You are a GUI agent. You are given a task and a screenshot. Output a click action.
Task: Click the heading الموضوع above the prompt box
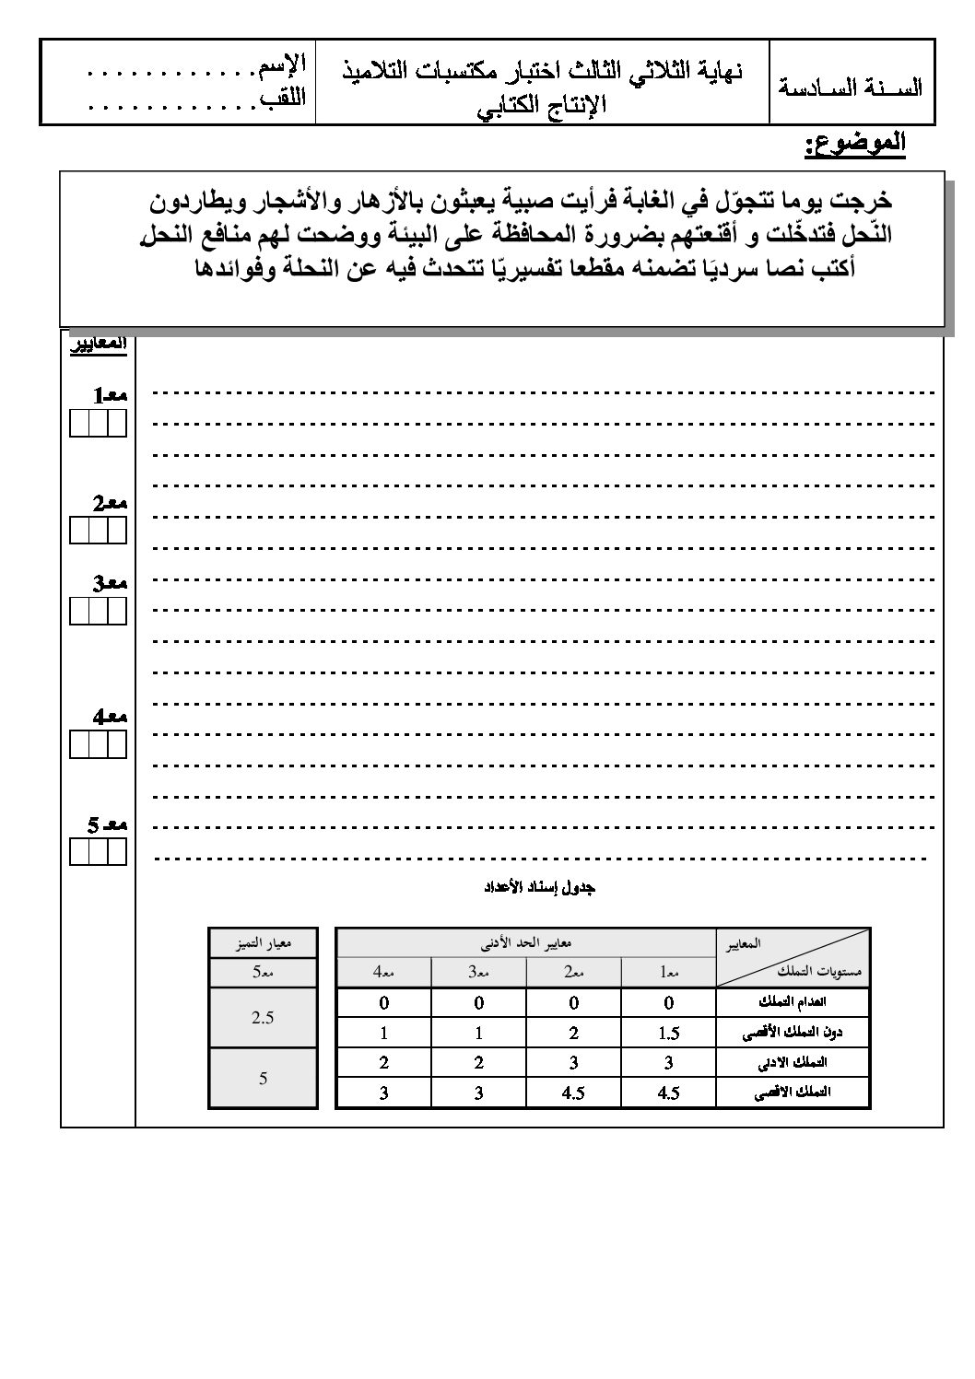(855, 145)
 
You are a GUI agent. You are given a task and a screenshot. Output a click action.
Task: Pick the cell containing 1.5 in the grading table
(669, 1033)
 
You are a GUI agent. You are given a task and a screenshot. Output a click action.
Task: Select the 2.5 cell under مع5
(263, 1018)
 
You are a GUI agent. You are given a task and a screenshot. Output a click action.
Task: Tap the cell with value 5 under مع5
(263, 1078)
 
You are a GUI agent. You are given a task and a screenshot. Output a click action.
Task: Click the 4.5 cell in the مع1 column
(669, 1093)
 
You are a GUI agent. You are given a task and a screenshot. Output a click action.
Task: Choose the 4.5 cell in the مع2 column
(573, 1093)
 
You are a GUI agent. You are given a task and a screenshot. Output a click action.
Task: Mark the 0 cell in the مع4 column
(383, 1002)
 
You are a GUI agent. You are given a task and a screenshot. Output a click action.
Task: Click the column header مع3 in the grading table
(478, 972)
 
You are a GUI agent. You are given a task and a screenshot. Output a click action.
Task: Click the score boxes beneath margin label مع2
(98, 532)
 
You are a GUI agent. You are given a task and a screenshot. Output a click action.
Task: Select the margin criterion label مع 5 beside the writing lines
(107, 824)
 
